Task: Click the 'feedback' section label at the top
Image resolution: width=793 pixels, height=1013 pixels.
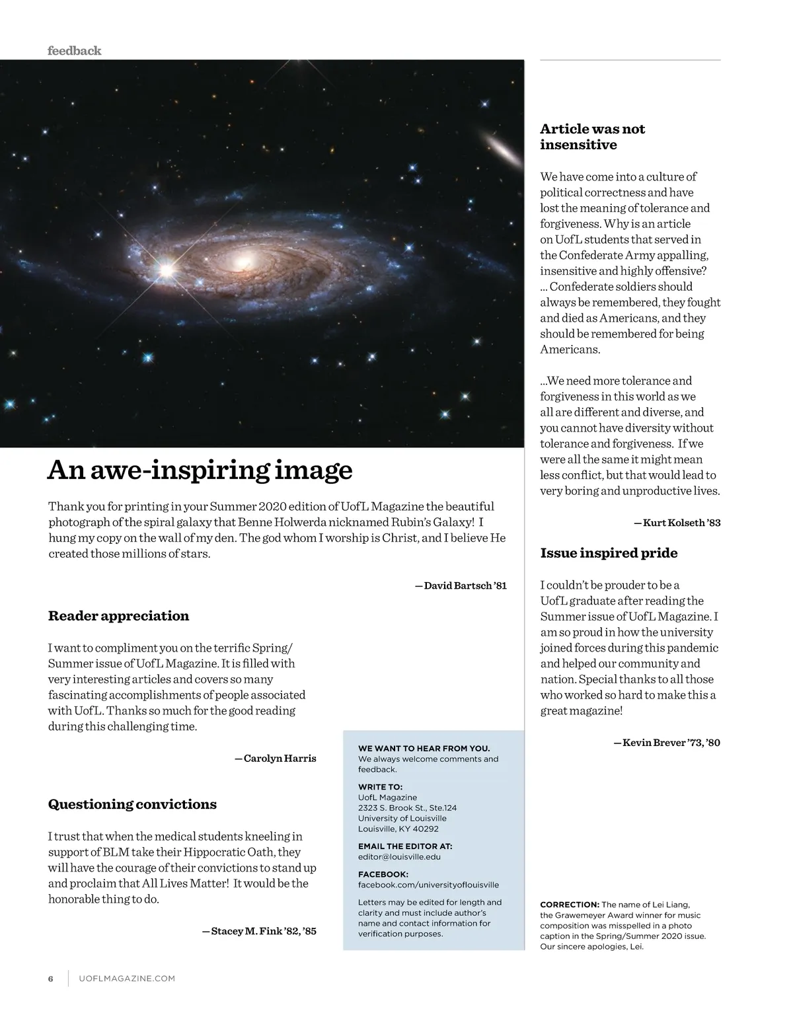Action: tap(74, 51)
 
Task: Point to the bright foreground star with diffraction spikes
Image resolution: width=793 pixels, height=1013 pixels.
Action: tap(166, 269)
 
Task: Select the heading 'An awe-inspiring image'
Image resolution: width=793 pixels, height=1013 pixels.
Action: tap(200, 470)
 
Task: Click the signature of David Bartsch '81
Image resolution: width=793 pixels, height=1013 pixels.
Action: tap(461, 585)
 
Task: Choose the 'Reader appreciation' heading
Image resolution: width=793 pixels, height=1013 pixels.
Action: tap(118, 616)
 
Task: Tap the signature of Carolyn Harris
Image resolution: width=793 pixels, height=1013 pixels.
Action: tap(276, 758)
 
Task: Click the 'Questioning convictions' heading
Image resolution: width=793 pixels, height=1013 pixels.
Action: tap(132, 804)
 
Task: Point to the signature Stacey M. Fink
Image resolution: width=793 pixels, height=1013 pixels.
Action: tap(259, 931)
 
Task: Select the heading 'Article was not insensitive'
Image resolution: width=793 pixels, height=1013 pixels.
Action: tap(592, 137)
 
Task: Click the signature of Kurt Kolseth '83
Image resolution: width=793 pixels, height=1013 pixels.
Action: tap(677, 523)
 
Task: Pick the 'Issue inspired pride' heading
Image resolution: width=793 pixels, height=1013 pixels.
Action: tap(609, 553)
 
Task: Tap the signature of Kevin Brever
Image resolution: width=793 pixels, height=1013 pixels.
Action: tap(667, 743)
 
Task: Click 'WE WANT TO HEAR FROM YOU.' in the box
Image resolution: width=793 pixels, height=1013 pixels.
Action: tap(424, 748)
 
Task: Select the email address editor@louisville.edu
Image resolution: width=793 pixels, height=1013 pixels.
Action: tap(399, 856)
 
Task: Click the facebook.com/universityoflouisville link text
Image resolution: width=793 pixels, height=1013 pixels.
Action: tap(428, 885)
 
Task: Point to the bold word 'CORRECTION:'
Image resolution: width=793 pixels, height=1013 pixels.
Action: tap(570, 905)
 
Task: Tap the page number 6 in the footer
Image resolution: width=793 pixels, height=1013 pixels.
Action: tap(50, 979)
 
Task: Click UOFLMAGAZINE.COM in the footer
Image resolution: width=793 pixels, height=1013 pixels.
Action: tap(127, 979)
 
